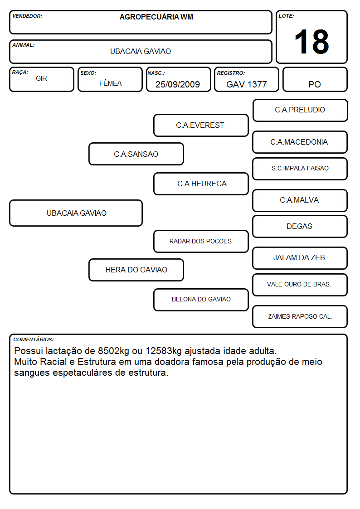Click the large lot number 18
(x=311, y=42)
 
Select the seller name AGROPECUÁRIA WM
(x=156, y=17)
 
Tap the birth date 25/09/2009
(x=178, y=84)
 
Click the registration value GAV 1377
(x=246, y=84)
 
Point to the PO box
(x=315, y=79)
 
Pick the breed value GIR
(x=42, y=78)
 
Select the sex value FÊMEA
(x=110, y=83)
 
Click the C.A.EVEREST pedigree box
(x=201, y=125)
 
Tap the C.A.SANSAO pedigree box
(x=136, y=154)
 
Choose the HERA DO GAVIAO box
(x=136, y=270)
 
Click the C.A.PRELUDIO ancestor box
(x=300, y=111)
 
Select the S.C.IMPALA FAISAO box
(x=300, y=169)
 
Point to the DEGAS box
(x=300, y=226)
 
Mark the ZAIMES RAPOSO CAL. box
(x=300, y=316)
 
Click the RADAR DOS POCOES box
(x=201, y=241)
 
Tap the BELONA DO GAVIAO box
(x=201, y=300)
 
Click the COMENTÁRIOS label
(x=34, y=339)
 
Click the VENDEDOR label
(x=27, y=16)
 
